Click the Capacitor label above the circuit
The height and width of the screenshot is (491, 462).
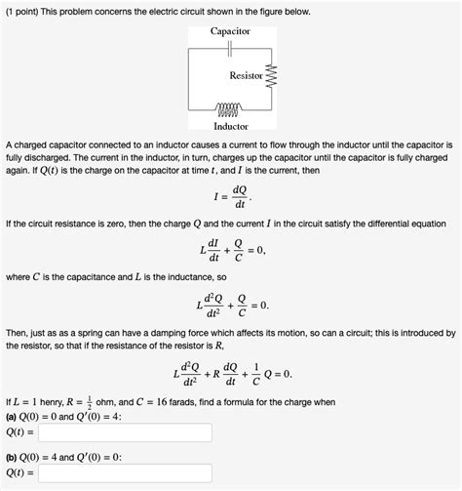tap(230, 31)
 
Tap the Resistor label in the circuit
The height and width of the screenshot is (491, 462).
tap(246, 75)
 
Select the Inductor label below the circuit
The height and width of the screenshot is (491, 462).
tap(230, 126)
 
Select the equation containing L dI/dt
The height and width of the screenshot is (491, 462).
tap(230, 252)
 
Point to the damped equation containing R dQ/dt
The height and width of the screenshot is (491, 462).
tap(231, 374)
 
